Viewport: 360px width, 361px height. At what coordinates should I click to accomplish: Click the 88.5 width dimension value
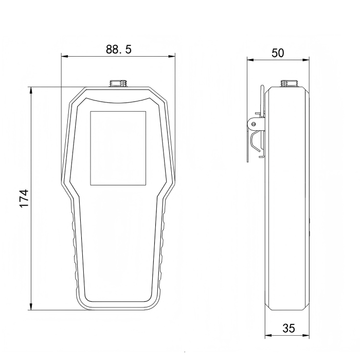pos(119,49)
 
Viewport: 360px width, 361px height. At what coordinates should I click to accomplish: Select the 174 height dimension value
pos(24,199)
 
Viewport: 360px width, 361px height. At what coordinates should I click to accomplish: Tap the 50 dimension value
pos(278,53)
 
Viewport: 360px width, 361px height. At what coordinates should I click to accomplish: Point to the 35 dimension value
pos(289,329)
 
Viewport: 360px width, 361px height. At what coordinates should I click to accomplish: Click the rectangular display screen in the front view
pos(118,148)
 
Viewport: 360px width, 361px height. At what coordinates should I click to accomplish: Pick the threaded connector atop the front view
pos(118,83)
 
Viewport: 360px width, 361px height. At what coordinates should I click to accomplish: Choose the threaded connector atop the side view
pos(290,83)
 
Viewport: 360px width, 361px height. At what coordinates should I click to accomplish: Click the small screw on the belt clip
pos(254,124)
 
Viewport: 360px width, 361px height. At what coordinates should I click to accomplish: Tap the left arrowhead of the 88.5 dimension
pos(65,57)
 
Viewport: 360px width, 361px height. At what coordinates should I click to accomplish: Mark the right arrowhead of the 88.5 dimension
pos(171,57)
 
